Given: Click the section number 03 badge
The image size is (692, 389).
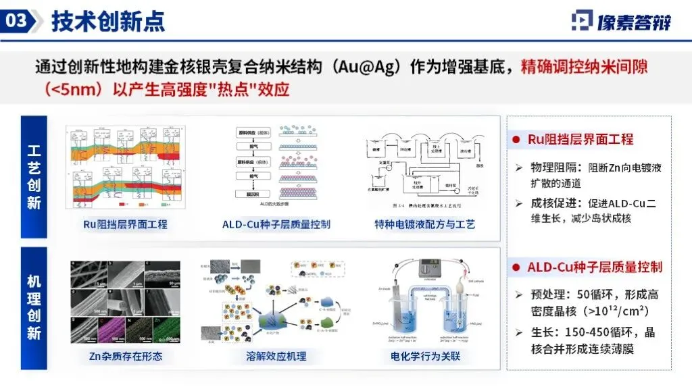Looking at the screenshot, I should click(17, 20).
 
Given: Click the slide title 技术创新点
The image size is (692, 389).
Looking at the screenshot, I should click(108, 22).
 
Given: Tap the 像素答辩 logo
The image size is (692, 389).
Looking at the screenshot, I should click(622, 21).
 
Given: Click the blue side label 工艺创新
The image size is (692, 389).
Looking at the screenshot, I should click(34, 177).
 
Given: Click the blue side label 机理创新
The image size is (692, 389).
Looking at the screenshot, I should click(34, 307).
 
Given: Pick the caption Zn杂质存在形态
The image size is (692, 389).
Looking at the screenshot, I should click(126, 356).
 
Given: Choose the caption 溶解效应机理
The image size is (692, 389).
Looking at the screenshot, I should click(276, 356).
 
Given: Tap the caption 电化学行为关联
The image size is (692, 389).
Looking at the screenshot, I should click(425, 356).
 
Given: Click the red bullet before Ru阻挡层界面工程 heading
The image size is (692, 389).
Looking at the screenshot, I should click(516, 140).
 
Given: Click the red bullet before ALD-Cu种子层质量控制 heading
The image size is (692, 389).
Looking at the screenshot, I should click(516, 267).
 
